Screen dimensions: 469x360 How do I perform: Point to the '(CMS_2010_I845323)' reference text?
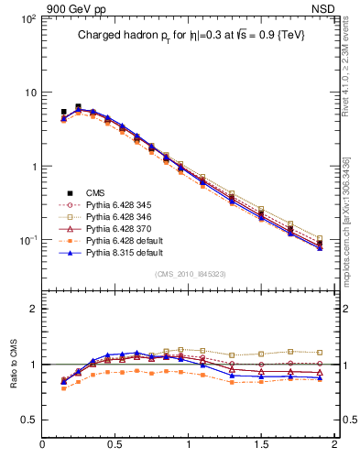[191, 274]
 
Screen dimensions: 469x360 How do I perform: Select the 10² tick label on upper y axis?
[27, 18]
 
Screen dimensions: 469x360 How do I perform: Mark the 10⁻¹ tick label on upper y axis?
[27, 241]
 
